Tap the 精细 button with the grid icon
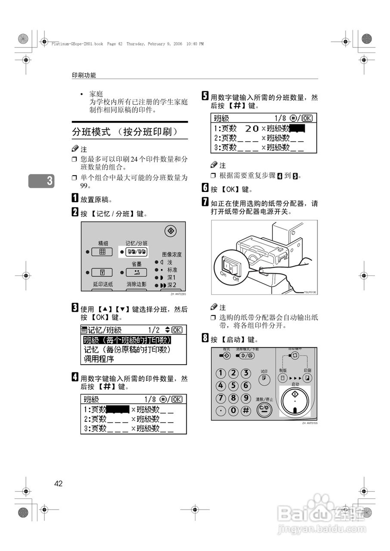click(102, 252)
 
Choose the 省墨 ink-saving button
click(136, 272)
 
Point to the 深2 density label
click(172, 285)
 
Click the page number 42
click(59, 483)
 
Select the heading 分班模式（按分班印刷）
click(124, 131)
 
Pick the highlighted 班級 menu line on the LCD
click(127, 340)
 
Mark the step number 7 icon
click(205, 202)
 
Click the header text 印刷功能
click(84, 75)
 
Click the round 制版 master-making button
click(282, 378)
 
